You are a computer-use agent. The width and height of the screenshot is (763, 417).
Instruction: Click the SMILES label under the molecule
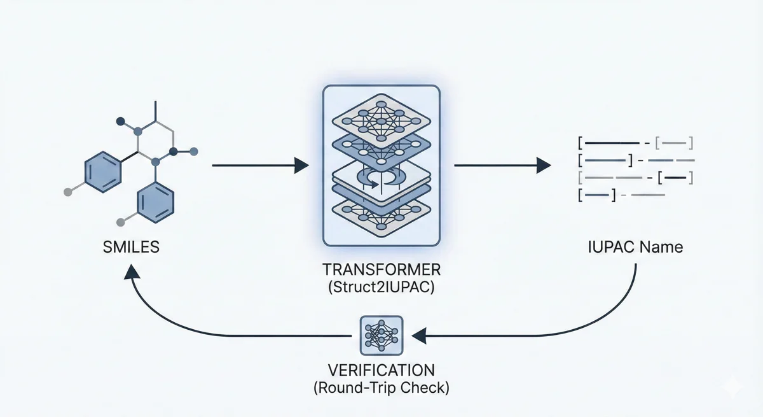point(131,246)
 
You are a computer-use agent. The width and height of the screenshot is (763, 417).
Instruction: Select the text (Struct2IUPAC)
point(381,287)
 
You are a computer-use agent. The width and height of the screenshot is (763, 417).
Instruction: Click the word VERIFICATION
point(381,371)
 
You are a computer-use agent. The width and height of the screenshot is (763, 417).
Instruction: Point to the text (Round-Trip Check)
point(381,388)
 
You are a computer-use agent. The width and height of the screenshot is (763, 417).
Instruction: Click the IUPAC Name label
point(636,246)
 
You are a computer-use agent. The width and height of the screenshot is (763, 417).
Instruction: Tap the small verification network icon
point(381,335)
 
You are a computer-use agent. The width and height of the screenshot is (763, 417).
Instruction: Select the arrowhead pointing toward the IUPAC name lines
point(544,166)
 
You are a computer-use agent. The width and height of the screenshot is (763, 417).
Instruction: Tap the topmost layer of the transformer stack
point(381,115)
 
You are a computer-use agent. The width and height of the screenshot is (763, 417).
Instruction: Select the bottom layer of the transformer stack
point(381,213)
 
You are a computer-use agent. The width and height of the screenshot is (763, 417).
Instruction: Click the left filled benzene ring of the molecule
point(102,171)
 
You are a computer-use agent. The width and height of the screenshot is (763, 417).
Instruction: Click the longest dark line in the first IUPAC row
point(613,142)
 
